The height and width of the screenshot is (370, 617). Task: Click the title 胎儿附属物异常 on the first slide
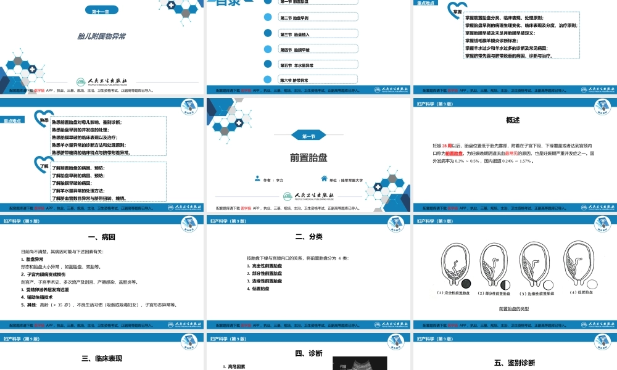pos(102,36)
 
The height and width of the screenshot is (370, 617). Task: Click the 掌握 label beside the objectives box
pos(457,11)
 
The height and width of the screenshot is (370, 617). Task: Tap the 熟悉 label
pos(44,120)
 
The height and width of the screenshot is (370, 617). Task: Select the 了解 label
pos(44,166)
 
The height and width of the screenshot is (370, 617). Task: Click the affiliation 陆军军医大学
pos(350,180)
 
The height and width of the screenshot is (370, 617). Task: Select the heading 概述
pos(513,120)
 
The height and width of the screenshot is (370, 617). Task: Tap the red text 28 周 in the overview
pos(455,146)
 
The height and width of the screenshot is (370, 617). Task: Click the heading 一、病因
pos(102,237)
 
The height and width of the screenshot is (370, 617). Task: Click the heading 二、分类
pos(308,237)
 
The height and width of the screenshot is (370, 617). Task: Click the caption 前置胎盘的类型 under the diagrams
pos(514,308)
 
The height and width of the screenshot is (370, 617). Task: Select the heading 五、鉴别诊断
pos(514,363)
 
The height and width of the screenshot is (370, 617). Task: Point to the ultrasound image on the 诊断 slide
pos(359,364)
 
